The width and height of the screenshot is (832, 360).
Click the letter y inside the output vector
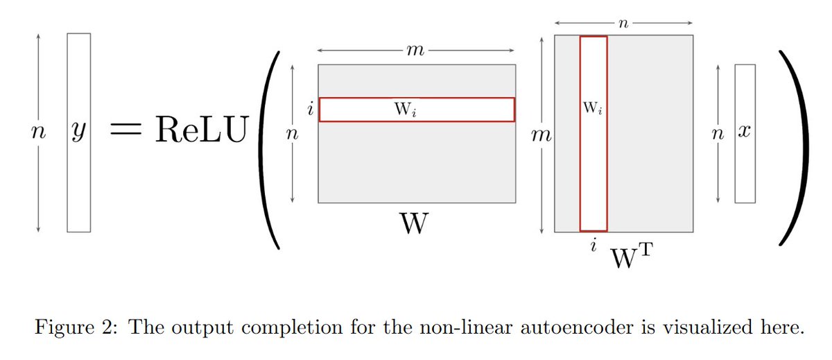click(78, 134)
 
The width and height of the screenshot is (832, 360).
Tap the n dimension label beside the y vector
click(37, 134)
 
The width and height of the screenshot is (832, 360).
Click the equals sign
click(129, 132)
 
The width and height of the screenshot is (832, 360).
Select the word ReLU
click(201, 131)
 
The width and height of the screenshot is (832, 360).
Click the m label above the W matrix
click(416, 51)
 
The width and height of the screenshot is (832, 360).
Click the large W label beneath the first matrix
click(415, 226)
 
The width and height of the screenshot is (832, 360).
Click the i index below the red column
click(593, 246)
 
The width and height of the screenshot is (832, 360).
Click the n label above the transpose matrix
click(623, 24)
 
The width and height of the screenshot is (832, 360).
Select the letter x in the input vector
click(745, 132)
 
